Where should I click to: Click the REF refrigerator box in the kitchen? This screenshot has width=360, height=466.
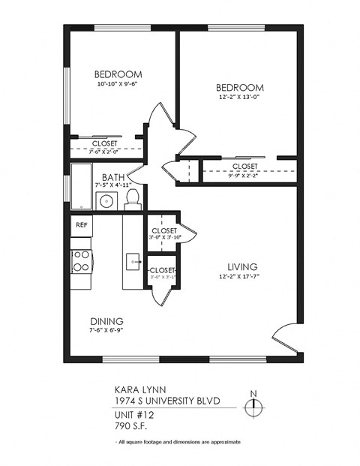[x=81, y=224]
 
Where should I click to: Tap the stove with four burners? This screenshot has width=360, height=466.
[x=81, y=260]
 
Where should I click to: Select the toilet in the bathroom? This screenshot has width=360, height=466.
[x=133, y=198]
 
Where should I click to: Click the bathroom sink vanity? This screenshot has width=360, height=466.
[x=106, y=200]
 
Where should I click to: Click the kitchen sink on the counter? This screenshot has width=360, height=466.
[x=133, y=262]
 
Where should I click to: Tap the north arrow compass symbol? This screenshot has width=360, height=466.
[x=254, y=405]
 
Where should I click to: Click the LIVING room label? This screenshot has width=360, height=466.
[x=243, y=266]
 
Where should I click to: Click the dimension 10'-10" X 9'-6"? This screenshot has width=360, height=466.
[x=118, y=84]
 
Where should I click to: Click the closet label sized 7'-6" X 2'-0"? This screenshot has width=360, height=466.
[x=105, y=151]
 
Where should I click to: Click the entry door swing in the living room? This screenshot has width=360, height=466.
[x=283, y=337]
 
